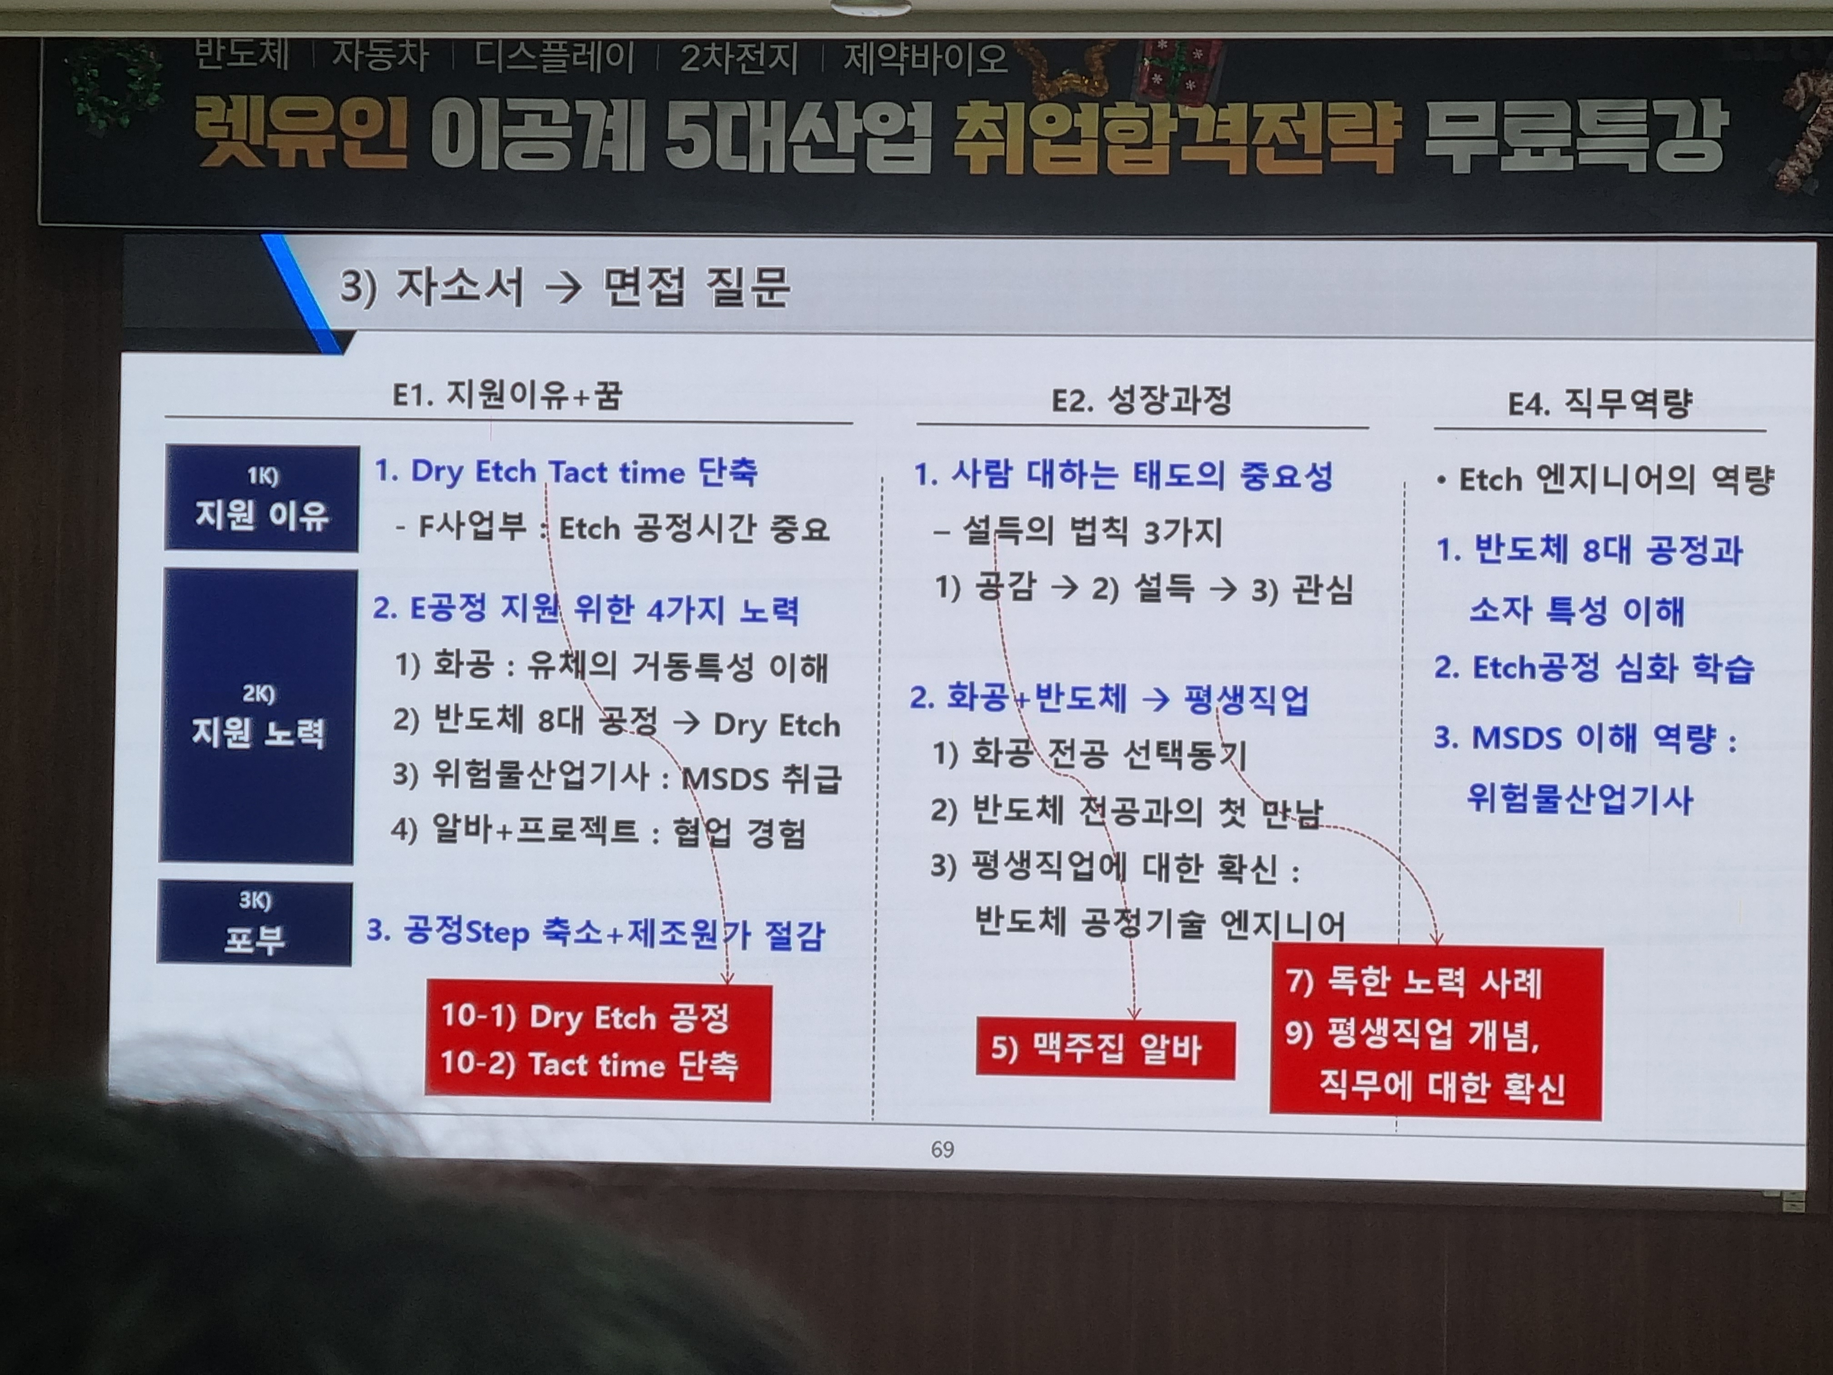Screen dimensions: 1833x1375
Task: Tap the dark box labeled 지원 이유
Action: click(x=262, y=498)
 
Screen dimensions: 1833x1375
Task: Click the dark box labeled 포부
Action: click(x=255, y=923)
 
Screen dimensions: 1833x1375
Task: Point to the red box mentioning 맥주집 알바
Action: click(x=1106, y=1049)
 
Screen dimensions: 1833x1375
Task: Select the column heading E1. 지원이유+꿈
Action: click(x=506, y=395)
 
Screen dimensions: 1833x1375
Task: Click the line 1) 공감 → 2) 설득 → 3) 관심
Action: click(x=1143, y=588)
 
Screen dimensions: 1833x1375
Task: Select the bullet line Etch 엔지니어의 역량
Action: click(x=1606, y=479)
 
